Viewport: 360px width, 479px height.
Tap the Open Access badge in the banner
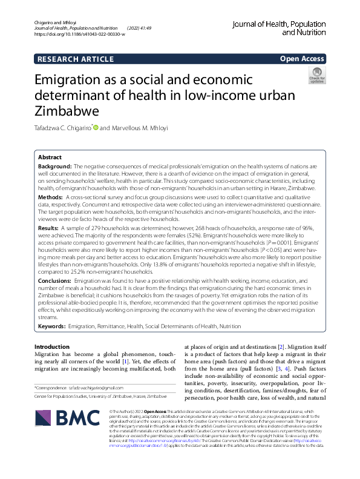[301, 59]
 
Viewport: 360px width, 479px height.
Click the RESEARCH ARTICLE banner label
[76, 59]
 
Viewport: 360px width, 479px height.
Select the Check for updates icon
[317, 76]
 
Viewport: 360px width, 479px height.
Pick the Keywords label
[52, 326]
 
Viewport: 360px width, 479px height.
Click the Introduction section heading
[52, 347]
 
